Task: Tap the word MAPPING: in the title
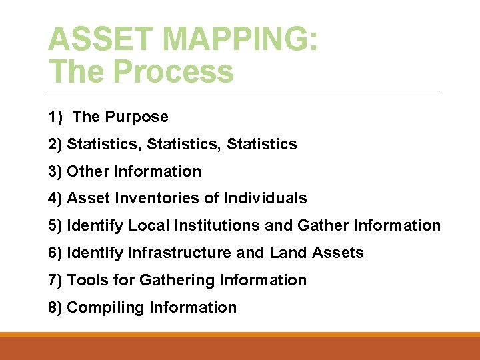pos(233,39)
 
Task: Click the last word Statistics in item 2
pos(262,144)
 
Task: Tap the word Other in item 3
pos(89,171)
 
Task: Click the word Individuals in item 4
pos(266,198)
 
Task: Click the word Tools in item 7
pos(88,280)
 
